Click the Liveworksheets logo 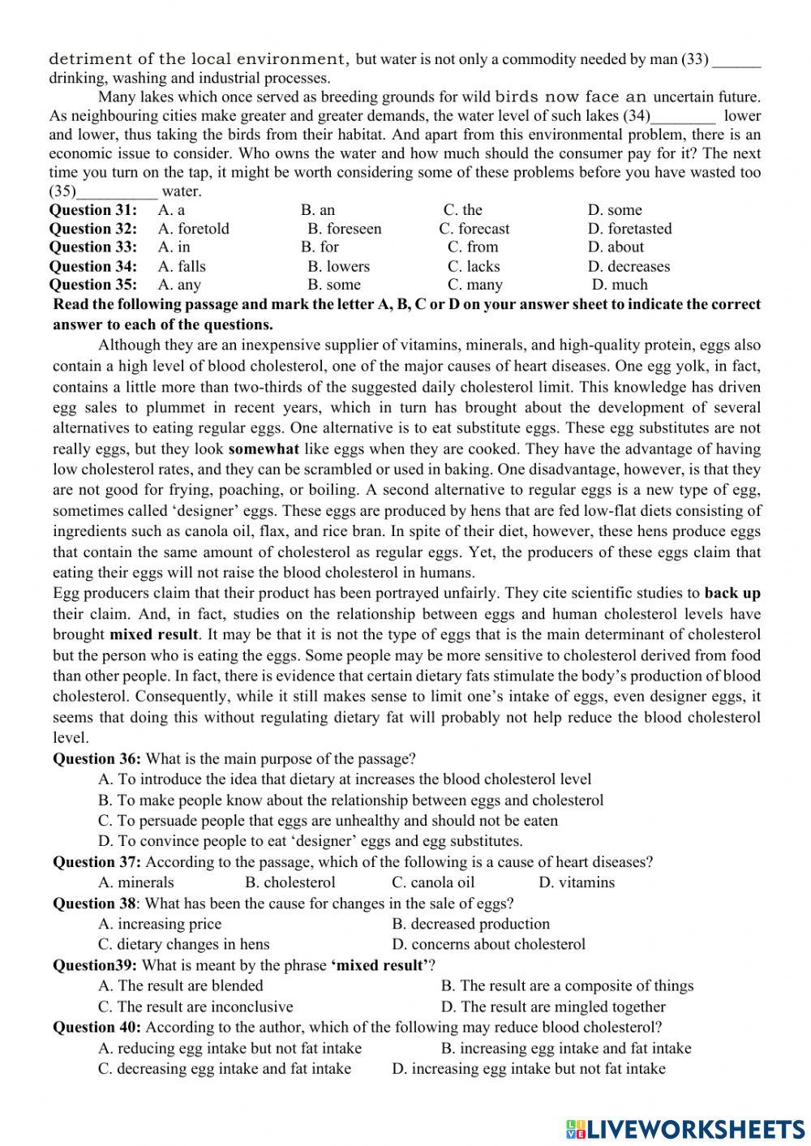pos(684,1128)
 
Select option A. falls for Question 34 pos(182,266)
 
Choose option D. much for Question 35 pos(620,285)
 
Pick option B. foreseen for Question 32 pos(344,229)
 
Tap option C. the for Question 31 pos(462,210)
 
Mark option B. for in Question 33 pos(320,247)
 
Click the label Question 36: pos(97,759)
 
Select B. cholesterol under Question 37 pos(290,882)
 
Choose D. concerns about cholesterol pos(488,944)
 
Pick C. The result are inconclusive pos(195,1007)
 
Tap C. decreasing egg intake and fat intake pos(225,1068)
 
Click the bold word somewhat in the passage pos(264,449)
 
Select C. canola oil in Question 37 pos(433,882)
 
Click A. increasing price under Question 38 pos(160,924)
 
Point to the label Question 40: pos(97,1027)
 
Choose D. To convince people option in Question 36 pos(310,841)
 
